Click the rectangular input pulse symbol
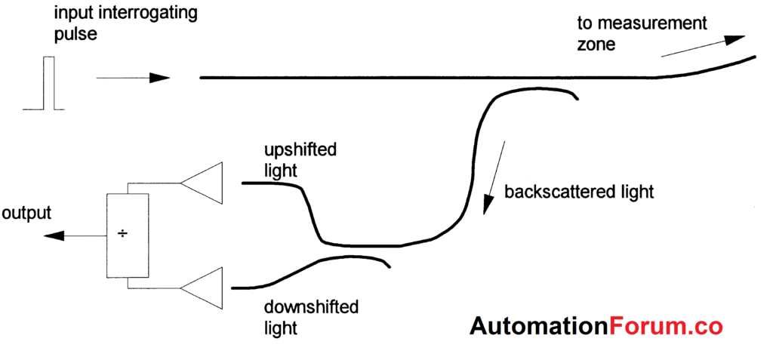(49, 84)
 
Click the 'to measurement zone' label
(642, 33)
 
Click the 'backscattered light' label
(579, 191)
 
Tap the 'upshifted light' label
(300, 160)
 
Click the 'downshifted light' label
(311, 318)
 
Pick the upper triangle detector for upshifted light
(202, 183)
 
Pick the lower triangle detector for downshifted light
(202, 288)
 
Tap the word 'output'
(26, 213)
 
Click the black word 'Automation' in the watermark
(538, 326)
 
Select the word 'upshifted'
(300, 150)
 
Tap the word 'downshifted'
(311, 307)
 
